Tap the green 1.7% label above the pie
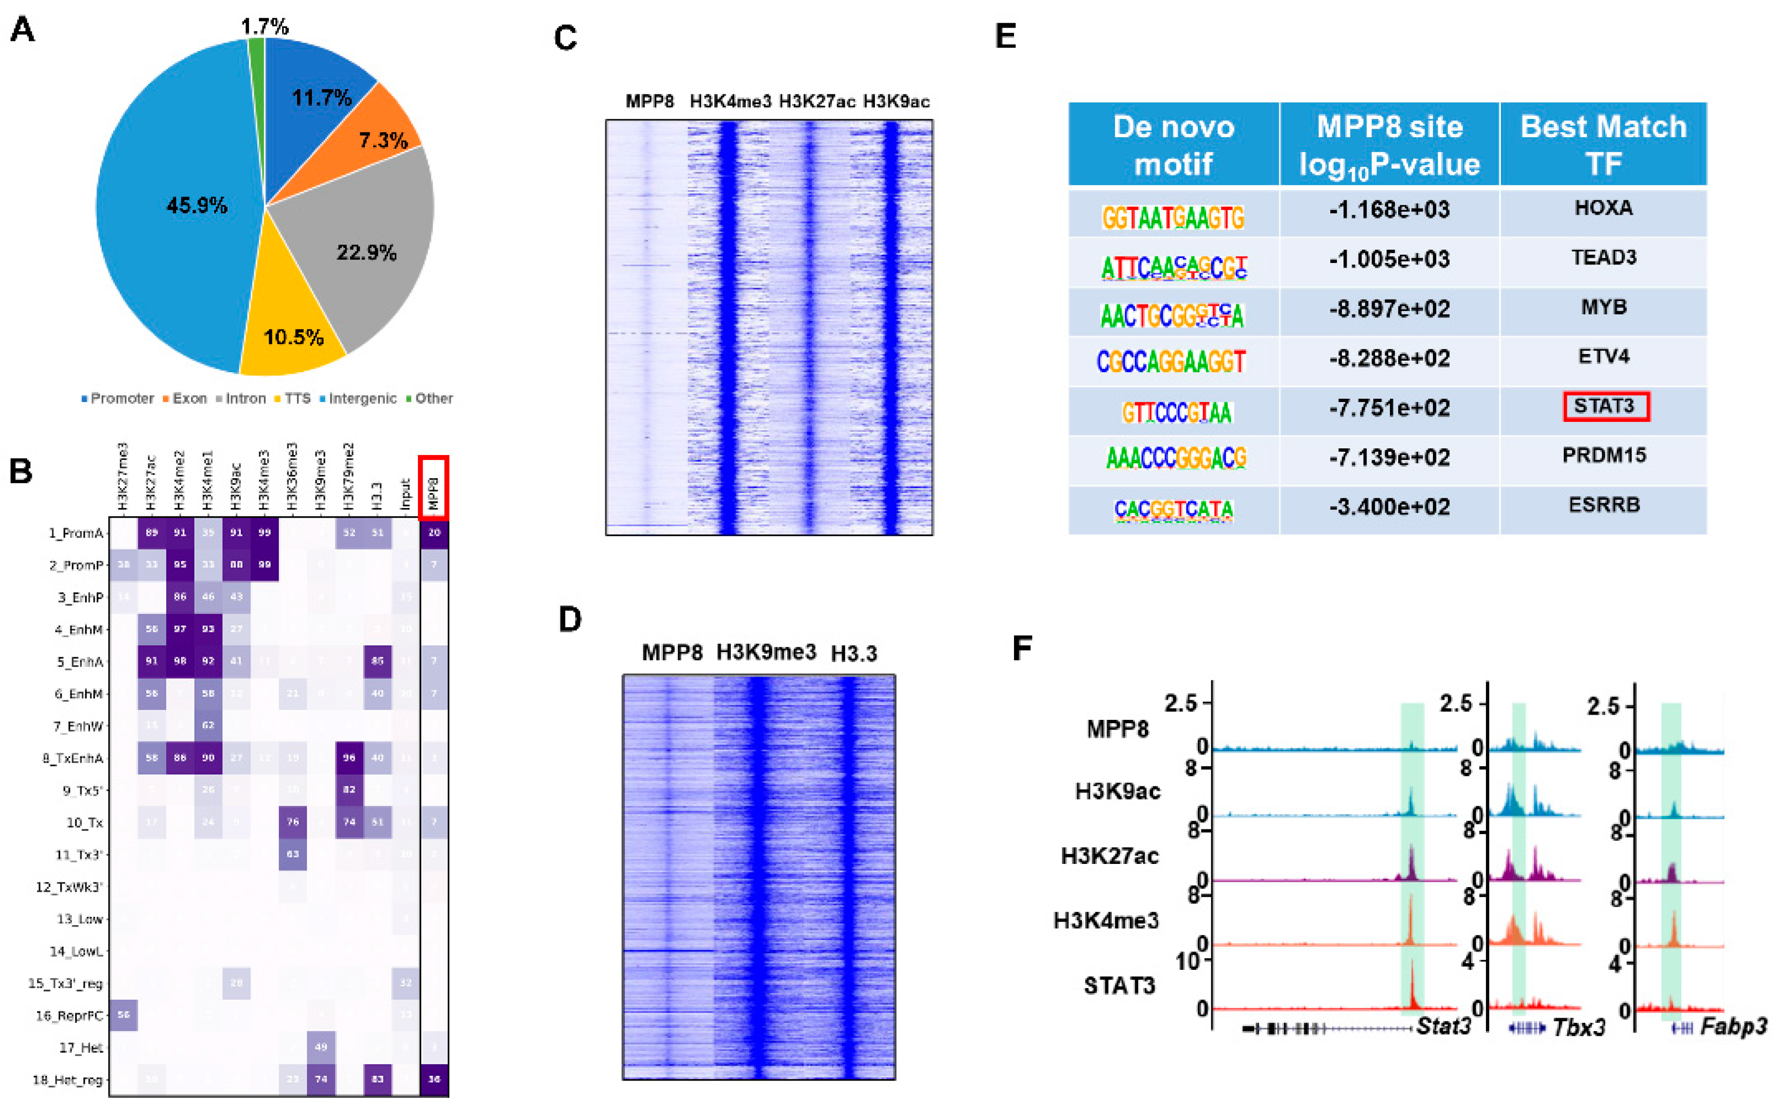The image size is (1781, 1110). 264,27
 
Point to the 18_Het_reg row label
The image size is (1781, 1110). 67,1080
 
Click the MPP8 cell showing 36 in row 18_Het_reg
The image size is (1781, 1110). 434,1079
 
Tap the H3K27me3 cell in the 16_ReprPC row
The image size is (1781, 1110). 123,1015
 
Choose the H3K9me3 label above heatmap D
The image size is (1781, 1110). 766,652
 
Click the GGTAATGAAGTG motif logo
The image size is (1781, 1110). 1173,217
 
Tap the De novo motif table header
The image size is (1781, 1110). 1173,144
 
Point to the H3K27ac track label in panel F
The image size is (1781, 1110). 1109,856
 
